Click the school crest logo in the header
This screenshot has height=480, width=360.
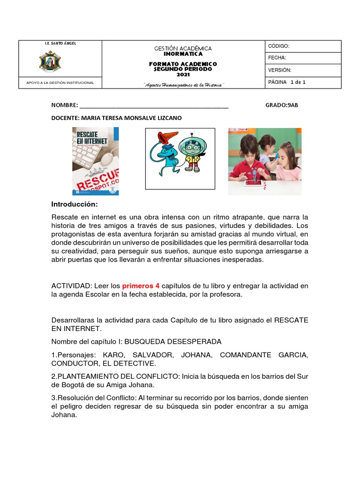tap(50, 61)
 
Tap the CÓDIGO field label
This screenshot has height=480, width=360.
tap(278, 46)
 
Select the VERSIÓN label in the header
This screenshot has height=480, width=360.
tap(280, 70)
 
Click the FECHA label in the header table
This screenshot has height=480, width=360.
tap(277, 58)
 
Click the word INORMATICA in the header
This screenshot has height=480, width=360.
tap(183, 54)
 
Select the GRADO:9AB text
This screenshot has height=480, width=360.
tap(281, 105)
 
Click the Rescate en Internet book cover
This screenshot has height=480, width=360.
tap(95, 161)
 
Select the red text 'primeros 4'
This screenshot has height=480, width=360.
tap(141, 285)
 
